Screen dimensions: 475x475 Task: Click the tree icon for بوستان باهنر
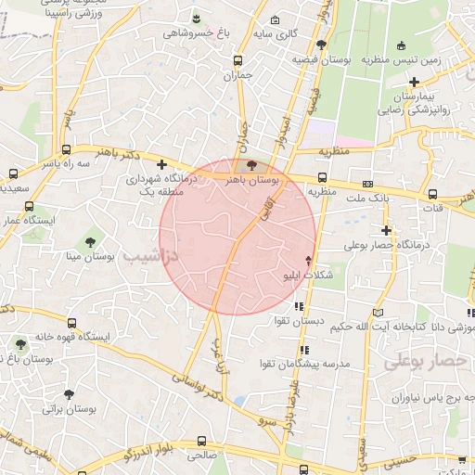click(x=252, y=164)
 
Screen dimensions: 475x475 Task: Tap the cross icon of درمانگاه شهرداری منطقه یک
click(x=161, y=164)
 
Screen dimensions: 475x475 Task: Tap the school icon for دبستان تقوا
click(x=298, y=305)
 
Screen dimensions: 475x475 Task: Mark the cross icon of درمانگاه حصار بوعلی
click(x=386, y=229)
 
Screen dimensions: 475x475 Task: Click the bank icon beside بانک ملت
click(x=368, y=184)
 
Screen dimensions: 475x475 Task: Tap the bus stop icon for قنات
click(x=433, y=194)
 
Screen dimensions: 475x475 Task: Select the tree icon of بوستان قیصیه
click(x=321, y=44)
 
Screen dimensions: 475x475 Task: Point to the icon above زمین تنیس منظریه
click(x=401, y=45)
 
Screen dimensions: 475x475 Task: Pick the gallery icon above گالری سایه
click(x=274, y=20)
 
